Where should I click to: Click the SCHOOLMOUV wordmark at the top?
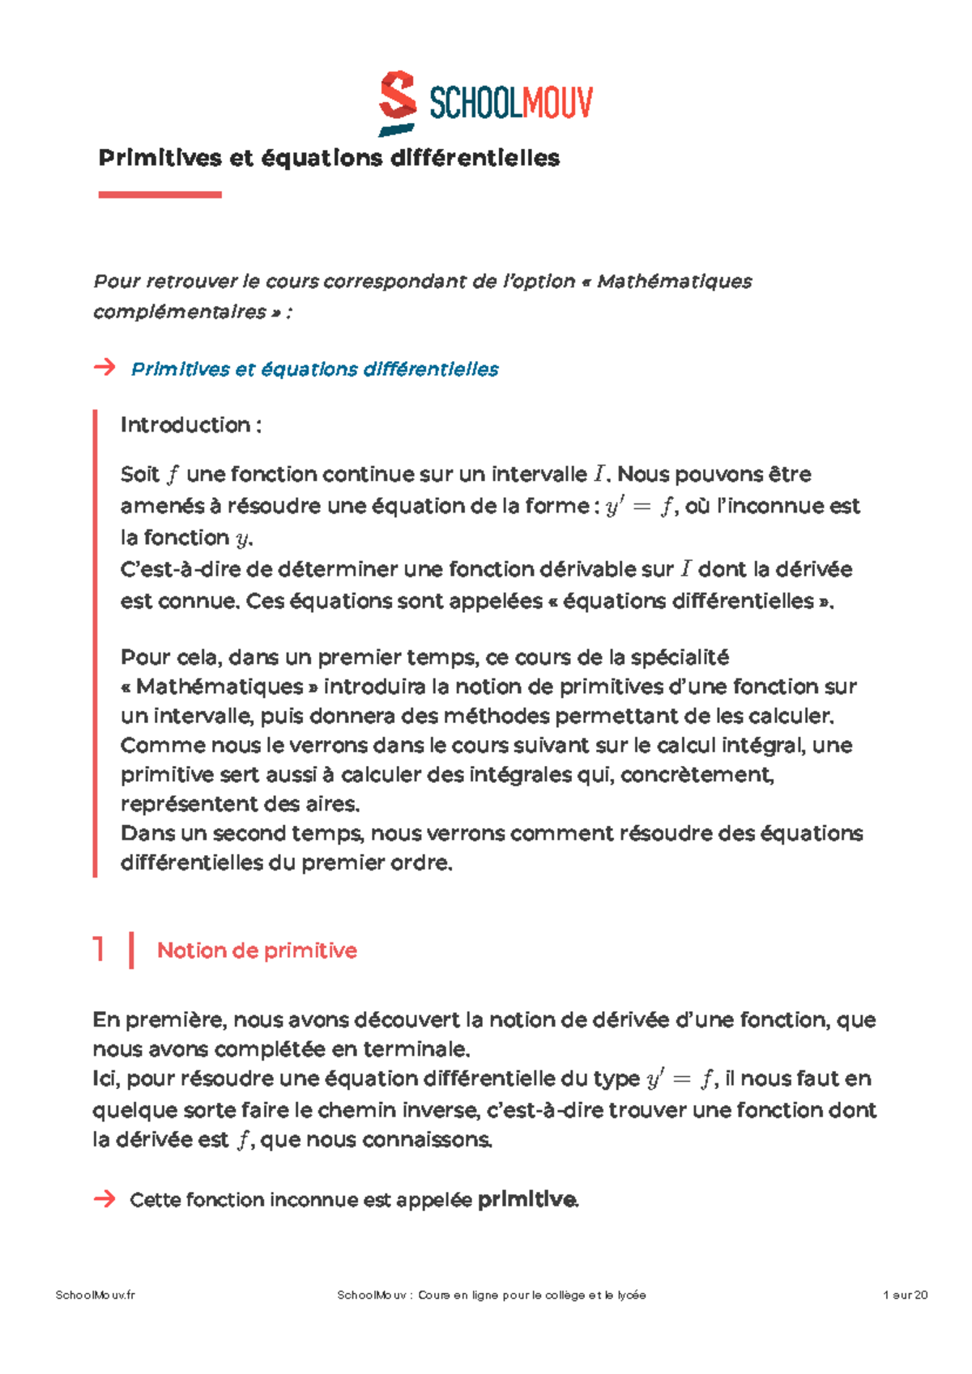(x=510, y=104)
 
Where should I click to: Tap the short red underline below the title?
(x=160, y=194)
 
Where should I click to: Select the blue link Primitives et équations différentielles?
(x=314, y=369)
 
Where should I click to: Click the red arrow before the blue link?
(x=104, y=368)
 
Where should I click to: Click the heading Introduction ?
(x=190, y=425)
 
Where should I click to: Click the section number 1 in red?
(x=99, y=949)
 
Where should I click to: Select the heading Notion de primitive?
(x=257, y=951)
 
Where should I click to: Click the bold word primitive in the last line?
(x=526, y=1199)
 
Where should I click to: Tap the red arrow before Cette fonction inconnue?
(x=104, y=1199)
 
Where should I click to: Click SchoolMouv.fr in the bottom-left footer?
(x=95, y=1295)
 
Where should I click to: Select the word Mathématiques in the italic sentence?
(x=674, y=281)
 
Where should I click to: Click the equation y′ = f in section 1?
(x=680, y=1079)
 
